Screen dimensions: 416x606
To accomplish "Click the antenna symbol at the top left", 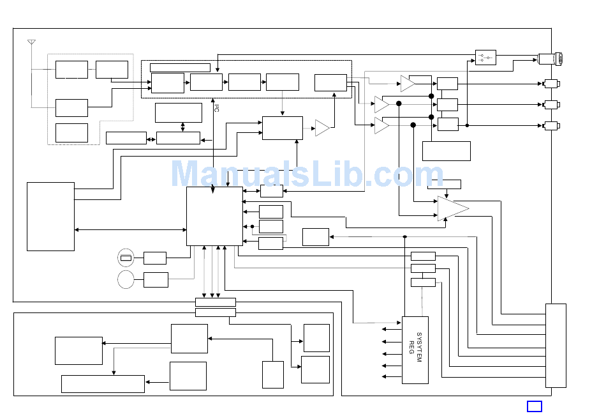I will tap(31, 43).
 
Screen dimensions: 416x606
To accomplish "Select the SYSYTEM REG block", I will tap(415, 350).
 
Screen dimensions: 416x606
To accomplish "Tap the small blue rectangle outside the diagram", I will tap(535, 406).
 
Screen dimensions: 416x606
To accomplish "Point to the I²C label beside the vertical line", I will tap(216, 108).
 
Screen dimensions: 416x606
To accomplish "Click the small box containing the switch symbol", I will tap(485, 58).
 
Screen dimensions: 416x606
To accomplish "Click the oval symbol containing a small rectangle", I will tap(126, 258).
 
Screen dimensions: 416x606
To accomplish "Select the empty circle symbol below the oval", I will tap(126, 280).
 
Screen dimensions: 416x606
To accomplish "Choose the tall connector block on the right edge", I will tap(556, 345).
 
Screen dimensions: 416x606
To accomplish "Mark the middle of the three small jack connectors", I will tap(551, 104).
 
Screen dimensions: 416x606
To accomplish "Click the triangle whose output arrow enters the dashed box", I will tap(322, 128).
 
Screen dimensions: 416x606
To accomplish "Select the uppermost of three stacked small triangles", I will tap(407, 84).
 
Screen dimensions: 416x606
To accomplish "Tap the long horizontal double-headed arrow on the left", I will tap(130, 229).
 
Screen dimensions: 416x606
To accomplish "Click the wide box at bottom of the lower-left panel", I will tap(103, 383).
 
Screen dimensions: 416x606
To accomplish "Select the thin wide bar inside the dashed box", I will tap(180, 67).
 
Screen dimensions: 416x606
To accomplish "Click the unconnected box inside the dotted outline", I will tap(71, 133).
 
